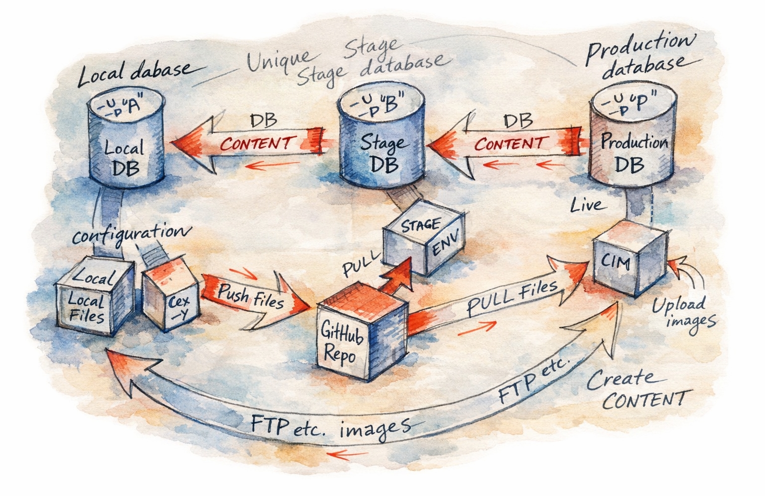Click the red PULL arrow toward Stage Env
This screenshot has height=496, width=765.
pyautogui.click(x=396, y=276)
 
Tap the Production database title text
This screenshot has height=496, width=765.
pyautogui.click(x=640, y=55)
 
